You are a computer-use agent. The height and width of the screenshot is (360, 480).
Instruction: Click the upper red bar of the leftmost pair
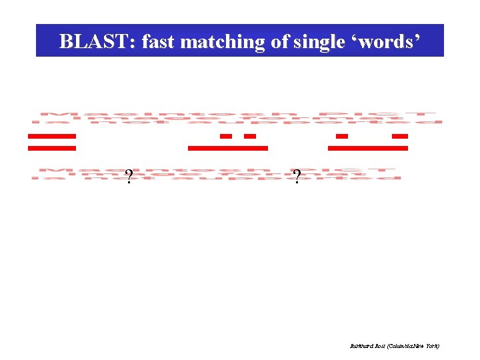click(52, 136)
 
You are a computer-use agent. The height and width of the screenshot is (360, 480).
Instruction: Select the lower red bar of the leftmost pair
click(52, 147)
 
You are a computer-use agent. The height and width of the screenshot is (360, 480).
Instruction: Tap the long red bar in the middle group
click(228, 147)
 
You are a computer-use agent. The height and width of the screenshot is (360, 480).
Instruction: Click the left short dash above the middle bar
click(226, 136)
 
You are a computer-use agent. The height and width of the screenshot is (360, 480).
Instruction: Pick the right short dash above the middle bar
click(250, 136)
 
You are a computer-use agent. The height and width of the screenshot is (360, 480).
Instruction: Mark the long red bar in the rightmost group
click(368, 147)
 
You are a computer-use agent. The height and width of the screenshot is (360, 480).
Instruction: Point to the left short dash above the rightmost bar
click(342, 136)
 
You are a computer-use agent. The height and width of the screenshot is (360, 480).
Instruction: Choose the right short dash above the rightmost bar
click(400, 136)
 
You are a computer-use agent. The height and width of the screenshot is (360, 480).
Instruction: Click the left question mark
click(129, 176)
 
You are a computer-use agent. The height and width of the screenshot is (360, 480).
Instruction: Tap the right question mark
click(297, 176)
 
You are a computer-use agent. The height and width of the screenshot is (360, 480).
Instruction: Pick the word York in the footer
click(433, 347)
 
